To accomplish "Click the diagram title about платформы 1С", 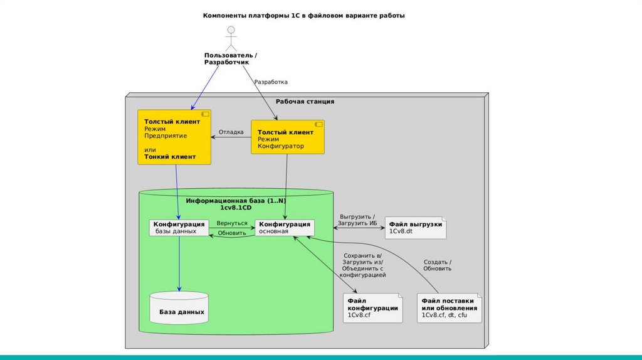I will tap(304, 16).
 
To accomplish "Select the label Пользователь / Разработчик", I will tap(231, 59).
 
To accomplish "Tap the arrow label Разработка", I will tap(271, 82).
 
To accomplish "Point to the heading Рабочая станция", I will tap(305, 102).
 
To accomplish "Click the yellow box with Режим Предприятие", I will tap(174, 137).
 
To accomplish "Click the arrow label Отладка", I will tap(231, 132).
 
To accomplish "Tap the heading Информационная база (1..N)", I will tap(236, 203).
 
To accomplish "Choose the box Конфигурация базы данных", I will tap(179, 227).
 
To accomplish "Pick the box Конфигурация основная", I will tap(285, 227).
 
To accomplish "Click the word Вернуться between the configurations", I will tap(231, 223).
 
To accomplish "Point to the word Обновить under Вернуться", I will tap(231, 234).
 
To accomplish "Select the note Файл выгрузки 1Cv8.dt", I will tap(415, 227).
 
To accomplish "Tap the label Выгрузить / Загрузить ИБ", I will tap(357, 220).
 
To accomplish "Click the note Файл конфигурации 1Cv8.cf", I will tap(373, 308).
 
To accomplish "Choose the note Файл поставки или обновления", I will tap(449, 308).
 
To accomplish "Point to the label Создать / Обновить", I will tap(438, 265).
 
